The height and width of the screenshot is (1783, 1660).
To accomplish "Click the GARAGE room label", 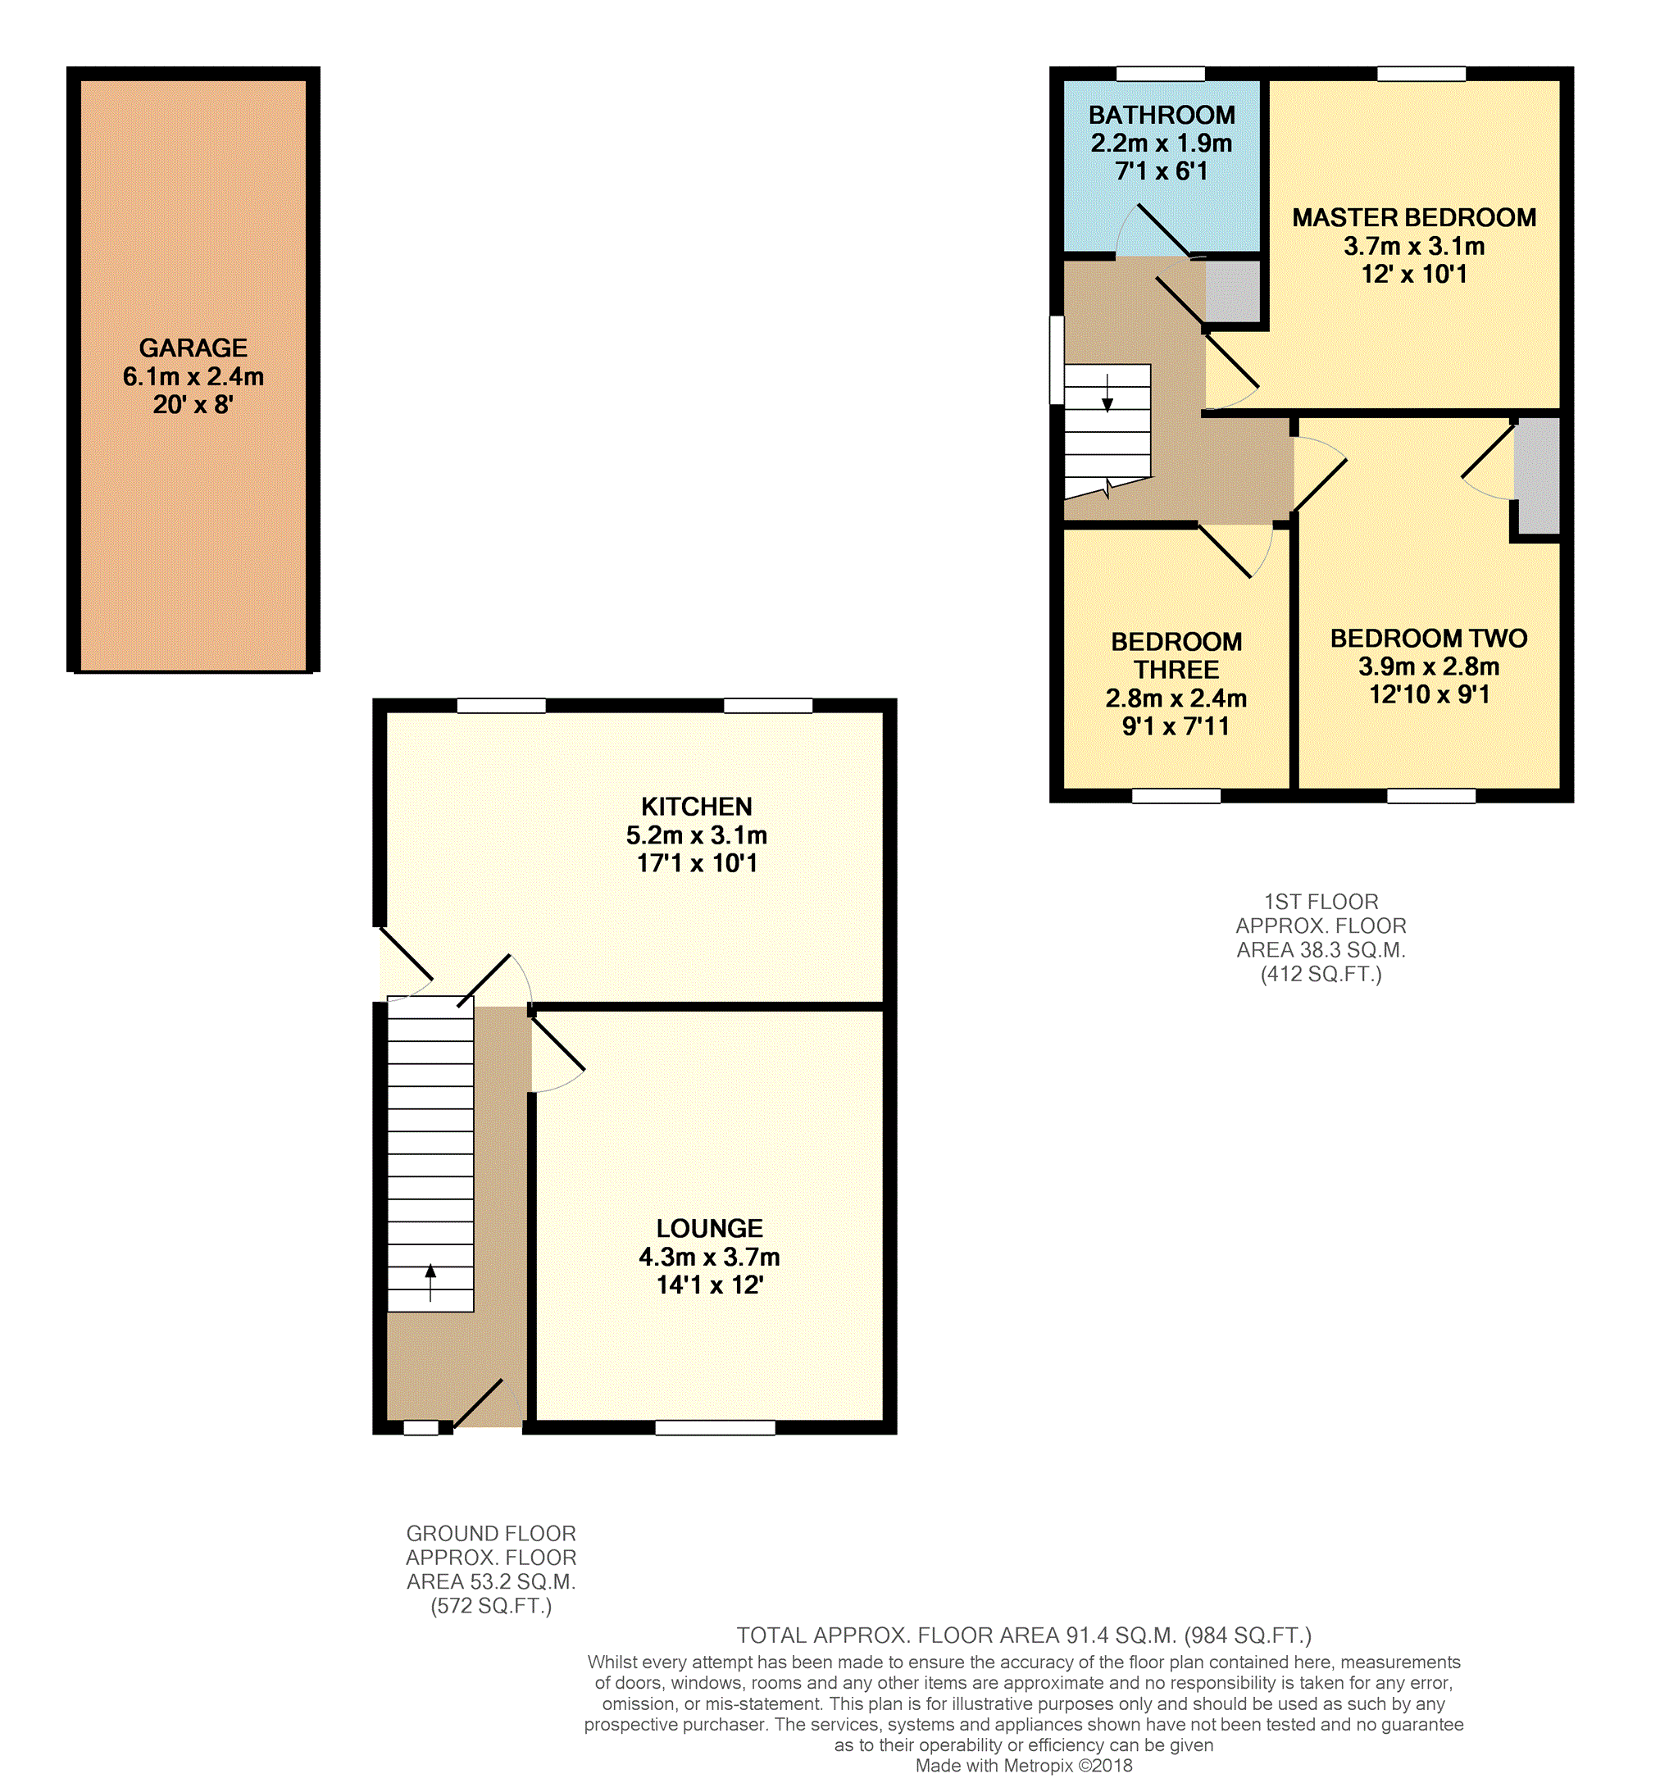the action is [193, 348].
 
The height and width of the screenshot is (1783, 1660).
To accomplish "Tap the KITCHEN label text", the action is [696, 807].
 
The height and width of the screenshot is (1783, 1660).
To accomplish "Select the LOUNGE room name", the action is [709, 1228].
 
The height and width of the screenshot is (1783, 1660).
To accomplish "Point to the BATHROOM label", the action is [1162, 115].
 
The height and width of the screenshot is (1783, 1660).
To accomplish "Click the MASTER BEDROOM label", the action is [1413, 217].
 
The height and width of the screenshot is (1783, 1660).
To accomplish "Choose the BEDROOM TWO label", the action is [1429, 638].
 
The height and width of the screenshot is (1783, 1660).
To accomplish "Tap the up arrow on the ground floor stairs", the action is [430, 1281].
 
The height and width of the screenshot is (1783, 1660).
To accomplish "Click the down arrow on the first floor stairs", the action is [1107, 393].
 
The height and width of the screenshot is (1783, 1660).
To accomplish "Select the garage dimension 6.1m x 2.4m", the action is [193, 377].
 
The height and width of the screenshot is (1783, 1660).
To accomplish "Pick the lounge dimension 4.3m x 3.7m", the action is [709, 1257].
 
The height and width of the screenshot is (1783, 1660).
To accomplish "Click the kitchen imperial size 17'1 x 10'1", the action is [697, 862].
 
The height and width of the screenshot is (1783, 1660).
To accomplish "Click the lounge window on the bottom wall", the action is [715, 1428].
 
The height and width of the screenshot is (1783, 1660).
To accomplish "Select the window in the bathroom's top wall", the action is [1160, 74].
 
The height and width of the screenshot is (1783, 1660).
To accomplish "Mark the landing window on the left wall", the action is [1057, 360].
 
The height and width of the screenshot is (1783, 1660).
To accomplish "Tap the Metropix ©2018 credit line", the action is [1023, 1766].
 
